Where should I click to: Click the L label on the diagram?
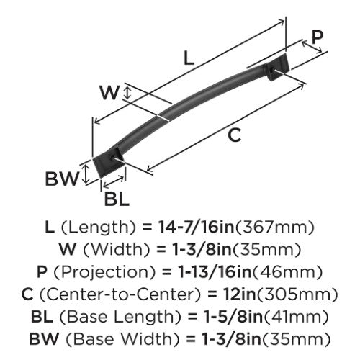(x=189, y=58)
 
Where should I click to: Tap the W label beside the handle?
(x=109, y=93)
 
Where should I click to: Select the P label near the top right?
(x=318, y=37)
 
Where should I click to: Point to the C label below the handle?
(x=234, y=135)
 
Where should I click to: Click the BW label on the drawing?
(x=62, y=179)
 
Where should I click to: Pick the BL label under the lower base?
(x=117, y=199)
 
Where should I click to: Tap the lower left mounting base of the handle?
(x=108, y=162)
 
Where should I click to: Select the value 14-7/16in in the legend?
(x=196, y=227)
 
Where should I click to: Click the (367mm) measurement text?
(x=275, y=228)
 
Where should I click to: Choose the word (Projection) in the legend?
(x=105, y=272)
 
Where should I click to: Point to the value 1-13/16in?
(x=215, y=272)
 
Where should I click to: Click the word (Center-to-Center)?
(x=120, y=294)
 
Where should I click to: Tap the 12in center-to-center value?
(x=239, y=294)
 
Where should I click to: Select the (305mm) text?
(x=297, y=294)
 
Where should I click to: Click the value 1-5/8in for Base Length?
(x=233, y=317)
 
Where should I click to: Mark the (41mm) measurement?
(x=297, y=317)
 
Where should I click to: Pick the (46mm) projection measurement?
(x=288, y=272)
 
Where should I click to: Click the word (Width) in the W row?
(x=117, y=250)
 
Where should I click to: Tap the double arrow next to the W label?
(x=127, y=93)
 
